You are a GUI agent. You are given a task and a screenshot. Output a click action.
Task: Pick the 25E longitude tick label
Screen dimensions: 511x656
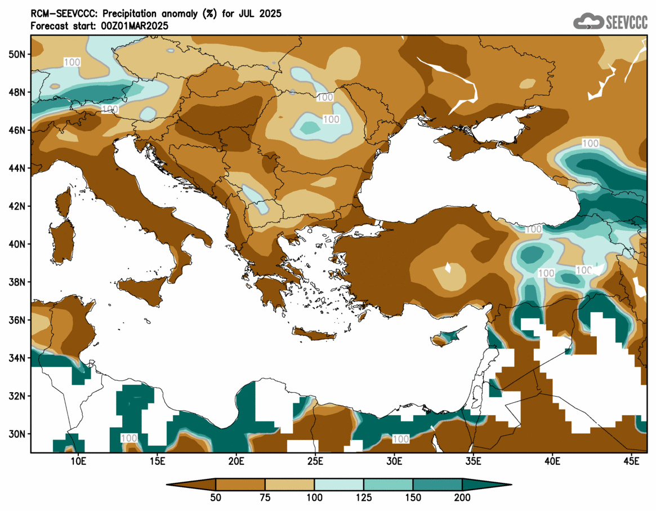coord(315,461)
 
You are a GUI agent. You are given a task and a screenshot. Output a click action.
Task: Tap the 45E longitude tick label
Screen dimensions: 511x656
coord(632,461)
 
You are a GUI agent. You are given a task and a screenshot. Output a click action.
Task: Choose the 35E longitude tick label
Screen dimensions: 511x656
coord(474,461)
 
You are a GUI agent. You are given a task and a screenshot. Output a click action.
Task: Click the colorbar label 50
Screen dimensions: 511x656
coord(216,497)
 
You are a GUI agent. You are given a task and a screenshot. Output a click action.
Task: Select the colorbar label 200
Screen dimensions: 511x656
coord(462,497)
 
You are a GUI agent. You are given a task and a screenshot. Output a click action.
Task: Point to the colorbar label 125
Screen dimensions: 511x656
coord(364,497)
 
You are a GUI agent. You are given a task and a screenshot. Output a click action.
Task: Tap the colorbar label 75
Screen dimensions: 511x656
coord(265,497)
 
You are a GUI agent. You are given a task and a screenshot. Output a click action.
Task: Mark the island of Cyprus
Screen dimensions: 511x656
coord(445,336)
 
